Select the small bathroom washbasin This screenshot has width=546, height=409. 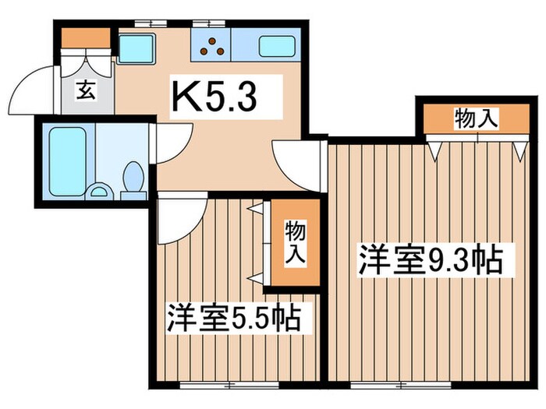pyautogui.click(x=99, y=190)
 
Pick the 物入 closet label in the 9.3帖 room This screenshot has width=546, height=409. pyautogui.click(x=475, y=120)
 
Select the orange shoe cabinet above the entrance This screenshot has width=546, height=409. pyautogui.click(x=86, y=37)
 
